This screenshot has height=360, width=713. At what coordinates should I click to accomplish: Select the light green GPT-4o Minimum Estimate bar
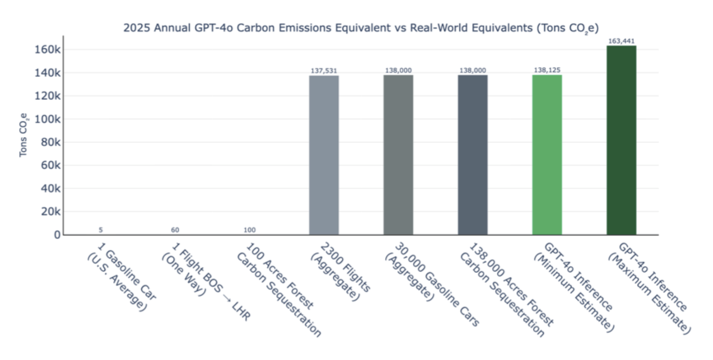(x=547, y=155)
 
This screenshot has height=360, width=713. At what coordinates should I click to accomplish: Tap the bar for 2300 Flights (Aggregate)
(x=324, y=155)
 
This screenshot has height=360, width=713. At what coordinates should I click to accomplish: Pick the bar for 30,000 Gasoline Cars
(x=398, y=155)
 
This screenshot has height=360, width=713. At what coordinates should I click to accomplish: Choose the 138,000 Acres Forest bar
(x=472, y=155)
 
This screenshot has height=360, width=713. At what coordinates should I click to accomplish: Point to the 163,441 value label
(x=621, y=41)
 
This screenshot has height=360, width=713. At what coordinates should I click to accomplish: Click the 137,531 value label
(x=324, y=71)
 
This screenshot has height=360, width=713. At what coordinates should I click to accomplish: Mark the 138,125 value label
(x=547, y=70)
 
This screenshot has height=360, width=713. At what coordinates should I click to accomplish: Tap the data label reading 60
(x=175, y=230)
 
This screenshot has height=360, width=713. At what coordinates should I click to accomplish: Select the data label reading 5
(x=101, y=230)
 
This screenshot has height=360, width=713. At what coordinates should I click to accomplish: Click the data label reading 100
(x=249, y=230)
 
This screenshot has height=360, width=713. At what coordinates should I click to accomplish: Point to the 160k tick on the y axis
(x=47, y=49)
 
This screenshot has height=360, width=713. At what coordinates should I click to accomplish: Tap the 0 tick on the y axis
(x=57, y=235)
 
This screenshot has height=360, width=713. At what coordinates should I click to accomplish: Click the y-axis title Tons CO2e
(x=23, y=135)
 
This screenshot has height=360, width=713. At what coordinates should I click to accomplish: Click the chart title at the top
(x=361, y=28)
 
